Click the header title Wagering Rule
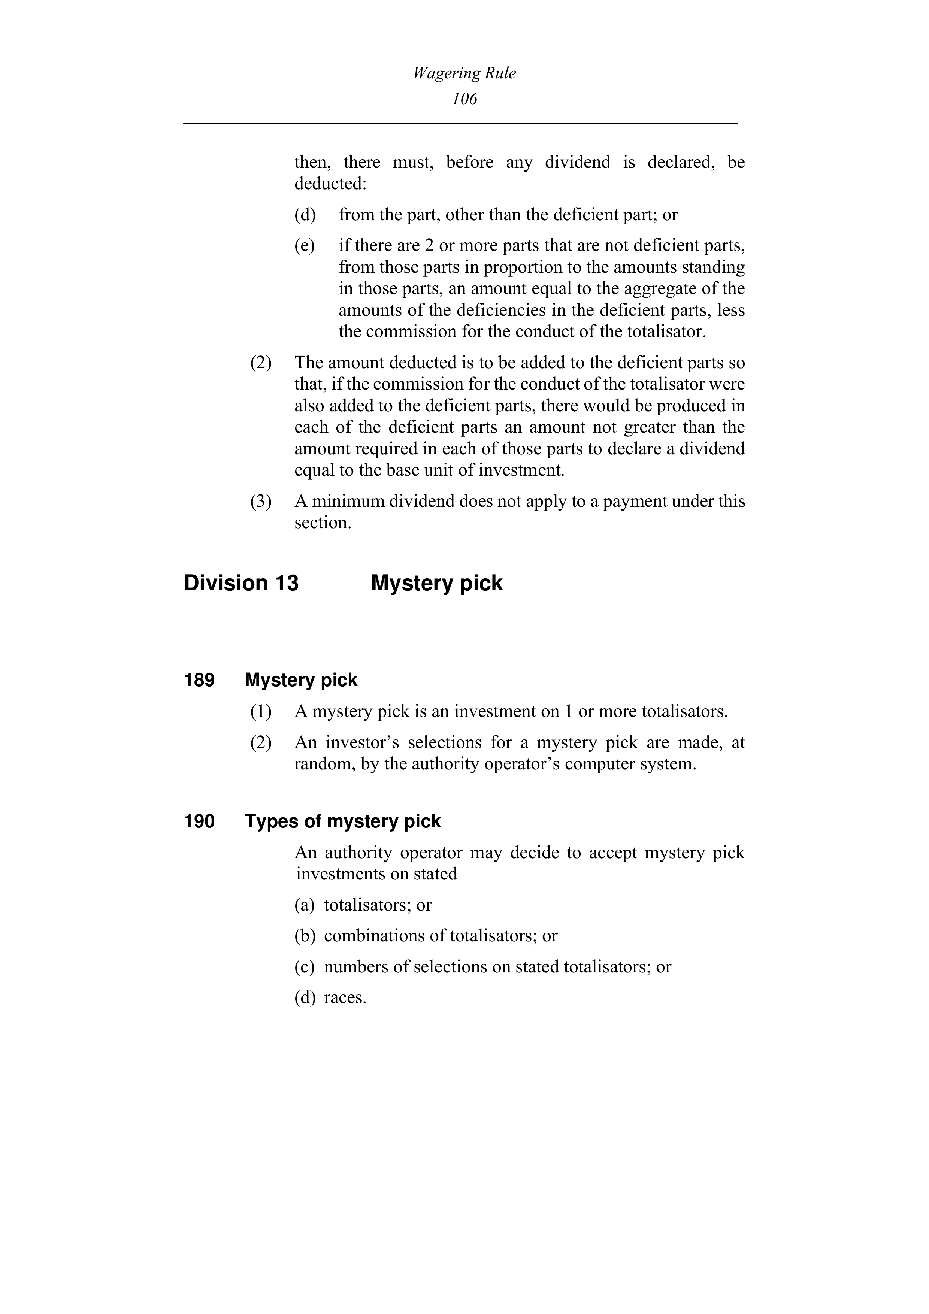click(x=464, y=73)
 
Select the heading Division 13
click(x=241, y=583)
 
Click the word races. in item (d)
click(x=345, y=998)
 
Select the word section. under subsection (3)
click(x=322, y=523)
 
